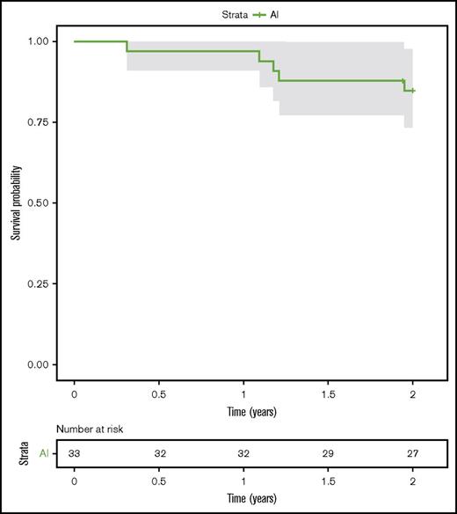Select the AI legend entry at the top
(x=247, y=15)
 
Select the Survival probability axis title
(x=16, y=203)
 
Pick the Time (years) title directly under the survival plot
(x=243, y=412)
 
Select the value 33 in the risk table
(x=75, y=453)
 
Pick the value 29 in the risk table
(x=328, y=453)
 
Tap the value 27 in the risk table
(x=412, y=453)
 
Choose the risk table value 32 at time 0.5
(x=159, y=453)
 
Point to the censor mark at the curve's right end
(x=413, y=91)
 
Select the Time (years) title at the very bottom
(x=243, y=498)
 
